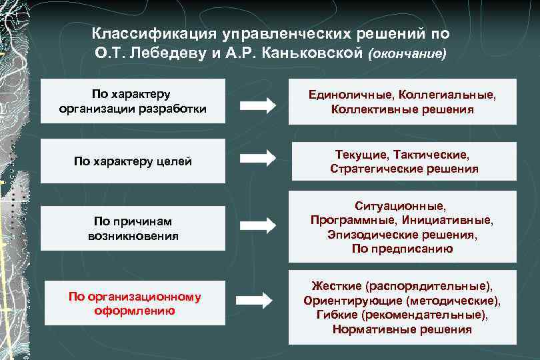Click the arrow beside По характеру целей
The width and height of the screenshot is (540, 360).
(257, 158)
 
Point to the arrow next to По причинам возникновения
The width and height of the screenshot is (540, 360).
(257, 225)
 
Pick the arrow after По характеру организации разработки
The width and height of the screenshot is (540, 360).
(257, 104)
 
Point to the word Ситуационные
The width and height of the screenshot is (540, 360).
(402, 206)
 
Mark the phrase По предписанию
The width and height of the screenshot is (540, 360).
(402, 249)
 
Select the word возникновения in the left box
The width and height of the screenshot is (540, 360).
(133, 236)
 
